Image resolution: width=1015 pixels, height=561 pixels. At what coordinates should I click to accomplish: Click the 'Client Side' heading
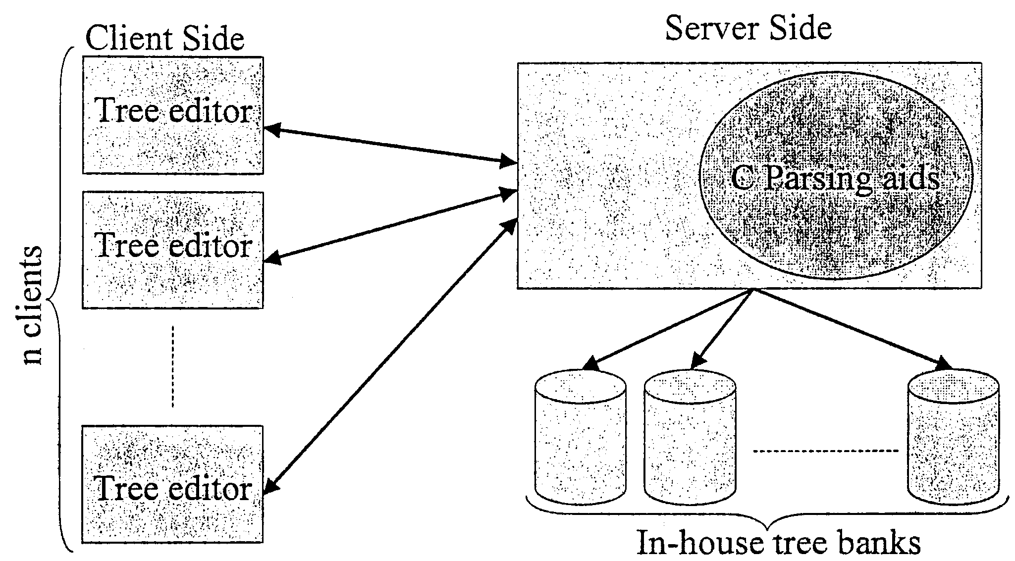[x=165, y=39]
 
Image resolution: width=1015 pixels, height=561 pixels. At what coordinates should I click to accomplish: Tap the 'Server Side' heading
[x=748, y=28]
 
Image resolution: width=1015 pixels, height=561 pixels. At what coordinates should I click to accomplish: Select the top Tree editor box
[x=172, y=115]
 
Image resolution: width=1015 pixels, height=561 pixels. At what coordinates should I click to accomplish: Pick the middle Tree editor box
[x=172, y=250]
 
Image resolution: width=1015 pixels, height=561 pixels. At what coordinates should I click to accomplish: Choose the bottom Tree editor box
[x=172, y=484]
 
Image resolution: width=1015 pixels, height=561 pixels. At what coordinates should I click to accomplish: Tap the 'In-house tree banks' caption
[x=778, y=543]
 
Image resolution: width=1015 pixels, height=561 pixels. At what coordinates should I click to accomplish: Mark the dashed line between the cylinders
[x=825, y=451]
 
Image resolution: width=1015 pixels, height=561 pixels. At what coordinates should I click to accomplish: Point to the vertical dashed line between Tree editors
[x=172, y=366]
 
